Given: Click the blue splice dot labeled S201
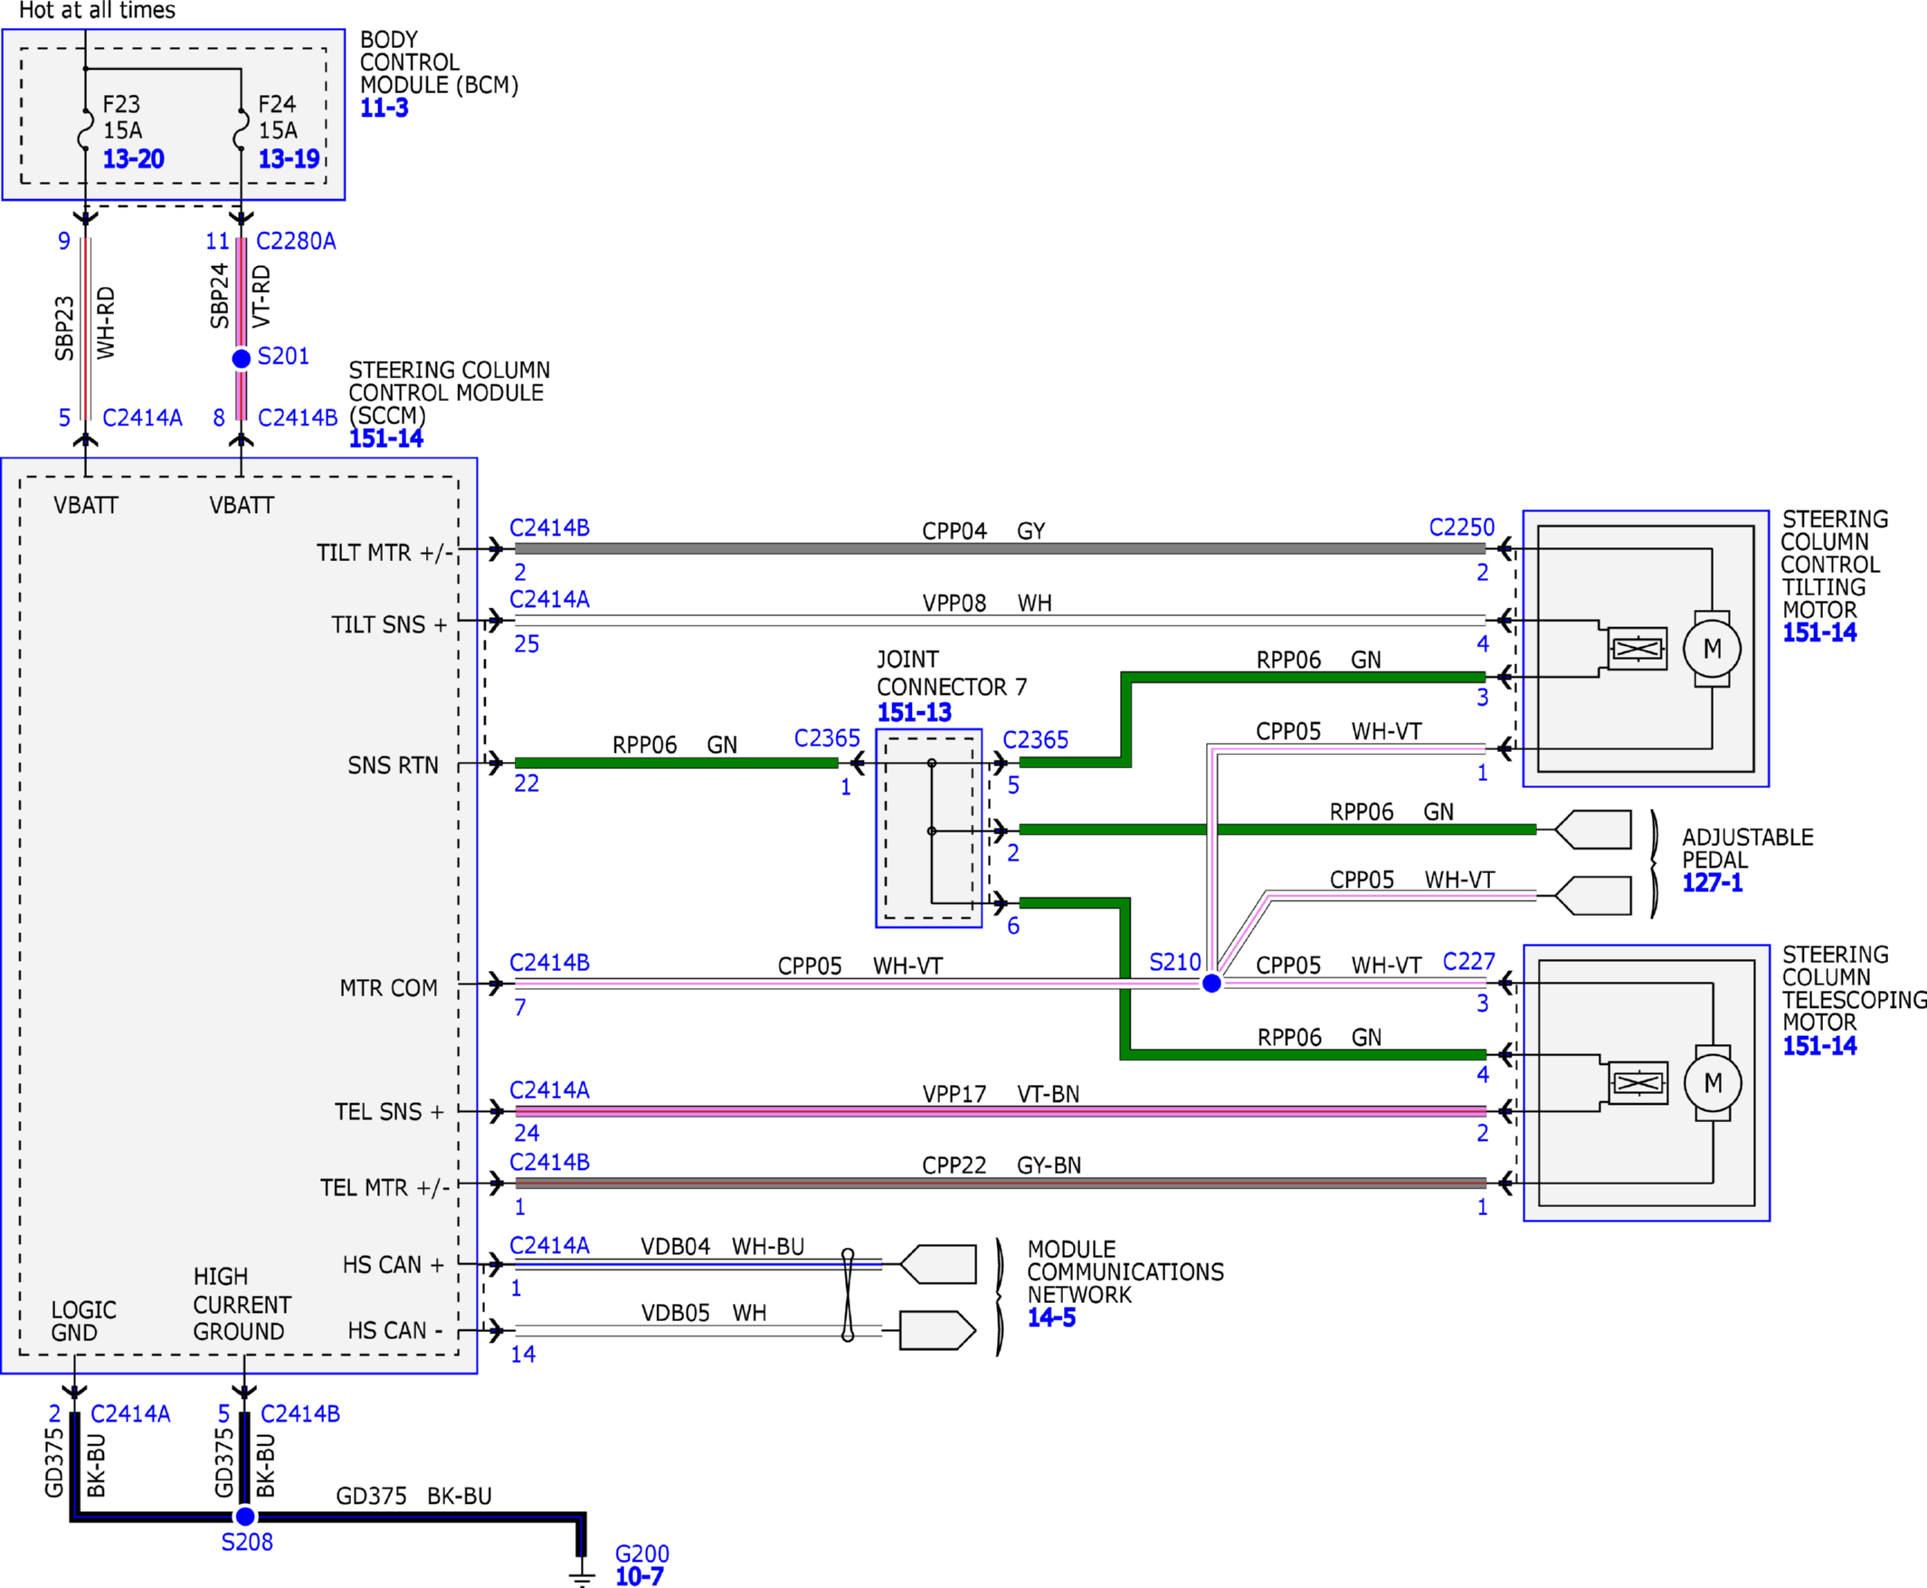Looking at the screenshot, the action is [x=242, y=358].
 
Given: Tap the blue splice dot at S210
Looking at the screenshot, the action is [x=1211, y=984].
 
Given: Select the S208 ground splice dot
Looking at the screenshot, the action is [x=245, y=1517].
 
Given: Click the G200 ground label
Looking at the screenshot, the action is [x=642, y=1554].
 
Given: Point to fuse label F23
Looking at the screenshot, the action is [x=121, y=104].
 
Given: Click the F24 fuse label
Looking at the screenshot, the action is [x=277, y=104].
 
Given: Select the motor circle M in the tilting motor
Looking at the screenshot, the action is [x=1712, y=649].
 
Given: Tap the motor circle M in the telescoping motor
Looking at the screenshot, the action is [x=1713, y=1083].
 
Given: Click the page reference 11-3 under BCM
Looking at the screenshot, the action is [x=384, y=108].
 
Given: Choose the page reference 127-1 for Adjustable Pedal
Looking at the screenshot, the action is [x=1712, y=883].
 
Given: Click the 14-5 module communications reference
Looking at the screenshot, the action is [x=1052, y=1317].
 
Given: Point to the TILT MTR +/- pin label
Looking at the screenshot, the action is [x=384, y=553].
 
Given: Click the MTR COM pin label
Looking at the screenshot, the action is [x=389, y=988].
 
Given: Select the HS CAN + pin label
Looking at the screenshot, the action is [x=394, y=1264].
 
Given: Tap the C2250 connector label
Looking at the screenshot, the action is [x=1461, y=528].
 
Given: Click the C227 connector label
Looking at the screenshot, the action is [x=1469, y=963].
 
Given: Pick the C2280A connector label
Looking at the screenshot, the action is [x=297, y=242].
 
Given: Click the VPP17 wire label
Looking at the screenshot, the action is [x=954, y=1094].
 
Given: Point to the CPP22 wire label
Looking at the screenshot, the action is [x=954, y=1165].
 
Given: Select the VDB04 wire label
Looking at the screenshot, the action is [x=675, y=1247].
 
